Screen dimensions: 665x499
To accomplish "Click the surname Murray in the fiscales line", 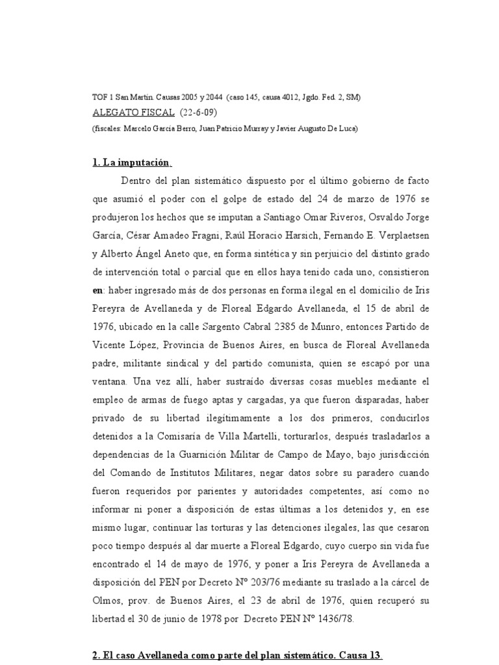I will click(246, 128).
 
